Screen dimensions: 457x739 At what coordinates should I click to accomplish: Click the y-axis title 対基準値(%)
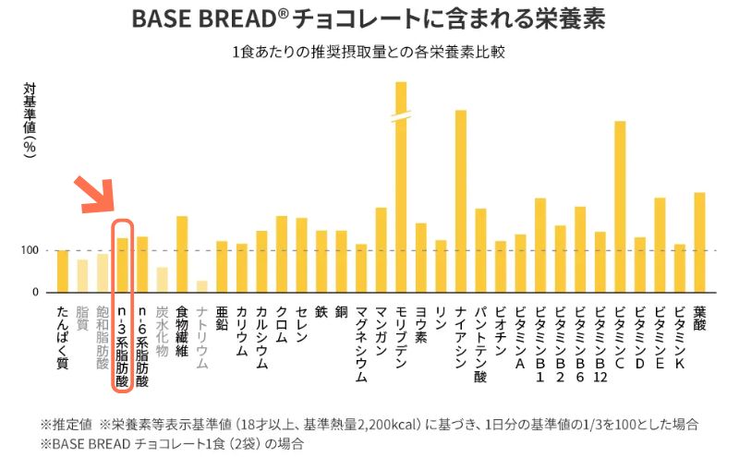[30, 120]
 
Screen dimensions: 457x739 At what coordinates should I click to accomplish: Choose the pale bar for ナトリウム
[202, 286]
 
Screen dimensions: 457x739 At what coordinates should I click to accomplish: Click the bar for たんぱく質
[63, 271]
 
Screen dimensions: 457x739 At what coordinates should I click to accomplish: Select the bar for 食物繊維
[182, 254]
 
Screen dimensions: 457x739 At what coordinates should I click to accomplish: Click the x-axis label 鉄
[321, 312]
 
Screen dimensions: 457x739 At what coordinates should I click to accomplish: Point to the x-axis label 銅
[341, 312]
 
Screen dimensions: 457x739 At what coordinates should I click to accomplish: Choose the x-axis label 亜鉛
[222, 318]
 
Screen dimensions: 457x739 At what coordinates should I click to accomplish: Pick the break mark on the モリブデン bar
[401, 117]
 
